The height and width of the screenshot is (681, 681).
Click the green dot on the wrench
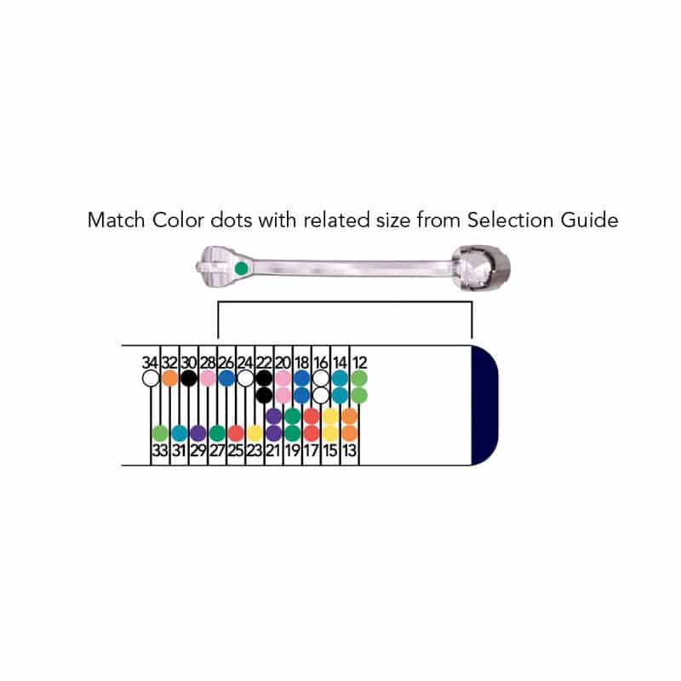pos(241,268)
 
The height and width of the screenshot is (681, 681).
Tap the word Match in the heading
pos(114,220)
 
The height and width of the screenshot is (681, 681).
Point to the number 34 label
pos(151,361)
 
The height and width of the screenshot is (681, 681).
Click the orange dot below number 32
pos(169,377)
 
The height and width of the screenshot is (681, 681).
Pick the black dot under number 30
pos(189,377)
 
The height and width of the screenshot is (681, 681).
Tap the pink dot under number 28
pos(208,377)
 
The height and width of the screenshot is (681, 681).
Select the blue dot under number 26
pos(226,377)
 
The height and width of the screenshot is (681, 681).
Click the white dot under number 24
pos(245,377)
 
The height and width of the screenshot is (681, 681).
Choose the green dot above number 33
pos(160,432)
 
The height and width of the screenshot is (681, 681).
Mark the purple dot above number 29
pos(197,432)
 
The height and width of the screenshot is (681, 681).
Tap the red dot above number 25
pos(236,432)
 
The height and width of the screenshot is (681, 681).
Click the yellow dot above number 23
pos(255,432)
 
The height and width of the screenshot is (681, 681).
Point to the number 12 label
pos(359,361)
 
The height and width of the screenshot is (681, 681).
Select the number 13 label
pos(350,450)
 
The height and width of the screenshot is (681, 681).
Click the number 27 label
pos(217,450)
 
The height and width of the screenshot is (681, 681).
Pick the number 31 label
pos(180,450)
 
